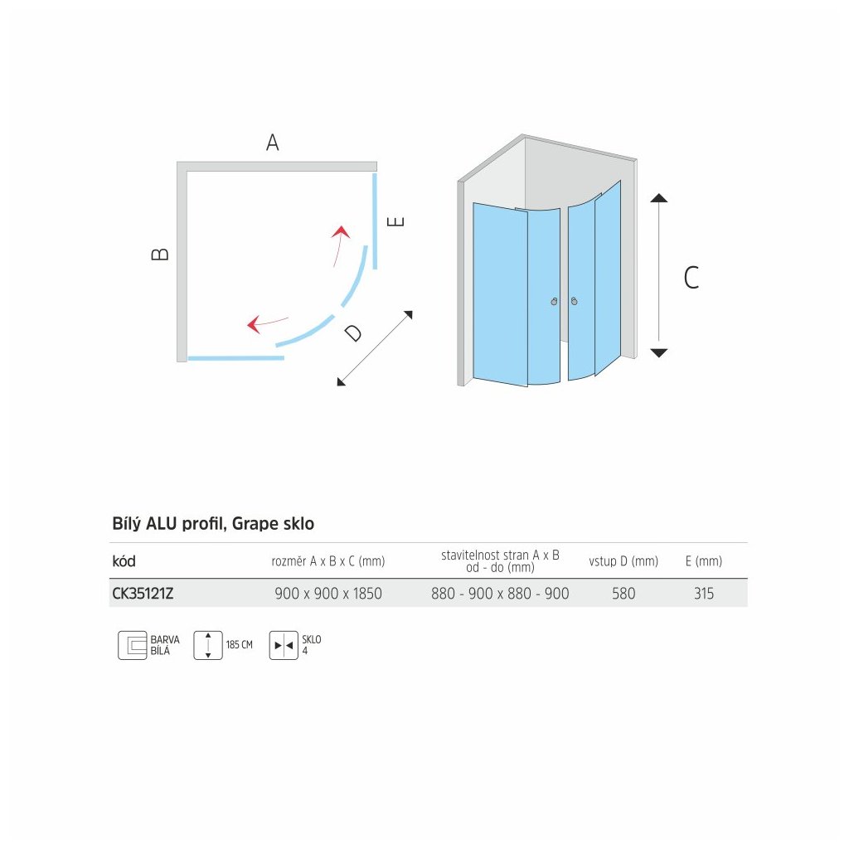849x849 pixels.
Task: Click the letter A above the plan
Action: (272, 143)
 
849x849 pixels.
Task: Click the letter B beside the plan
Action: (161, 255)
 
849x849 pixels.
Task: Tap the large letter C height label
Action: (691, 277)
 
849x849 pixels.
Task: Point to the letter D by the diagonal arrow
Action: (354, 333)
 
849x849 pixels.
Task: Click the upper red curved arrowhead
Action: (338, 232)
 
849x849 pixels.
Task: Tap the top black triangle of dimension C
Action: (658, 198)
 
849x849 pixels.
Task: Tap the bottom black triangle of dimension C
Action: (658, 353)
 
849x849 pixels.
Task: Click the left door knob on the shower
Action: (554, 303)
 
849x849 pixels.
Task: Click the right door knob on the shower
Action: (574, 303)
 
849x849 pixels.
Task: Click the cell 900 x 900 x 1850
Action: (328, 594)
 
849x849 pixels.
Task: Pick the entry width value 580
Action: (623, 594)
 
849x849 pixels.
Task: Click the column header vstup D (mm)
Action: (623, 561)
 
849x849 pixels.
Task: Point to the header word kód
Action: (124, 561)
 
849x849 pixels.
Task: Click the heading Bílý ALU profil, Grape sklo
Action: (213, 524)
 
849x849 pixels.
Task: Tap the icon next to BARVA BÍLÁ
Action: (132, 645)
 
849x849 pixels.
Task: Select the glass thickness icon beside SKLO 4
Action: (283, 645)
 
